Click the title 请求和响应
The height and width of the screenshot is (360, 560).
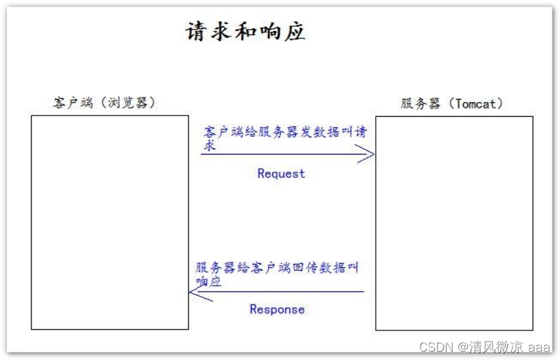click(245, 32)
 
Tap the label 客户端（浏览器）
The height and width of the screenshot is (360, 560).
click(104, 103)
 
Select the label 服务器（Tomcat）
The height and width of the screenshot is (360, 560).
click(452, 104)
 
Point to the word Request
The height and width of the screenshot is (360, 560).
click(281, 174)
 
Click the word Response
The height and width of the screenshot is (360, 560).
click(277, 309)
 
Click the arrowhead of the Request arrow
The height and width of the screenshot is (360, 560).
click(368, 154)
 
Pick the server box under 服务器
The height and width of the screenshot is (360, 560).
click(453, 223)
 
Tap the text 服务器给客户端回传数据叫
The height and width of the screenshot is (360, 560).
click(277, 267)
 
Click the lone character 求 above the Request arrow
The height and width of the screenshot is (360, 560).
click(209, 146)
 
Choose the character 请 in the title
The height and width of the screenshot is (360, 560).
click(197, 32)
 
